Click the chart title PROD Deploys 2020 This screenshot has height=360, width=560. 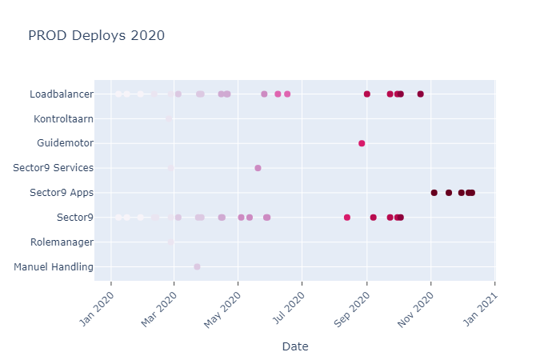click(x=96, y=35)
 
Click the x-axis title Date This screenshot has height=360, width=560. click(x=295, y=346)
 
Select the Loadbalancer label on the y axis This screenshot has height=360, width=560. click(x=62, y=94)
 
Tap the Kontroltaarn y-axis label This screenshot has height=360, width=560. click(x=63, y=119)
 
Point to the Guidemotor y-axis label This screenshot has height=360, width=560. click(x=65, y=143)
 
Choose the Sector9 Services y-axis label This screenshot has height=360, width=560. click(x=54, y=168)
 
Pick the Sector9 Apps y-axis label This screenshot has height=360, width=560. click(x=62, y=193)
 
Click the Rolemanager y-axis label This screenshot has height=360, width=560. click(x=62, y=242)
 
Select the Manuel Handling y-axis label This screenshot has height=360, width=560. click(x=54, y=266)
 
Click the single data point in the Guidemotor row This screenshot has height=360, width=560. click(x=362, y=143)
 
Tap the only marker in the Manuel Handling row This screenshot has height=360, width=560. click(x=197, y=266)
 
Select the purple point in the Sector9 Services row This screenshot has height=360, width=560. click(x=258, y=168)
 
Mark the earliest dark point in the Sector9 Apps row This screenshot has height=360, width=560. click(x=434, y=193)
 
